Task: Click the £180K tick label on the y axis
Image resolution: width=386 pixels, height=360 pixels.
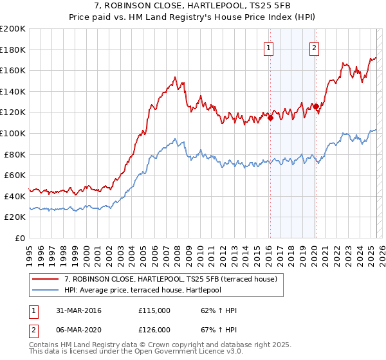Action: pyautogui.click(x=13, y=49)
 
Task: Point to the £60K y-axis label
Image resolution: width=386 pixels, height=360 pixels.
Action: pyautogui.click(x=15, y=175)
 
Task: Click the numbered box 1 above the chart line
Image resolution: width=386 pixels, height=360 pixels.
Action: pyautogui.click(x=268, y=46)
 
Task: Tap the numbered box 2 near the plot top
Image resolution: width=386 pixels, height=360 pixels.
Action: pyautogui.click(x=315, y=46)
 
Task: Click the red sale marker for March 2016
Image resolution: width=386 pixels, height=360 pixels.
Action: pyautogui.click(x=270, y=118)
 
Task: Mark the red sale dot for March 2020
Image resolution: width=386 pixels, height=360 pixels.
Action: pyautogui.click(x=316, y=106)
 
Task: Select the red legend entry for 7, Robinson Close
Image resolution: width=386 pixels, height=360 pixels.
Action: pyautogui.click(x=170, y=279)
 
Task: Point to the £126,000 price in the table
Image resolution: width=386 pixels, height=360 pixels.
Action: pyautogui.click(x=154, y=329)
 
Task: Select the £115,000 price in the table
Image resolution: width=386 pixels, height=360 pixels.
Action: pyautogui.click(x=154, y=310)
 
